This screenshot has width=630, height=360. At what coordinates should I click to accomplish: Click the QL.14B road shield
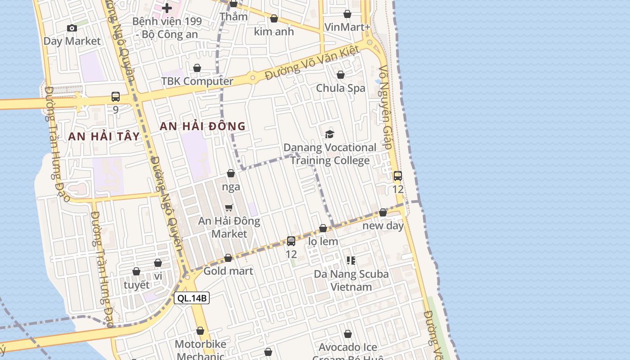pos(192,298)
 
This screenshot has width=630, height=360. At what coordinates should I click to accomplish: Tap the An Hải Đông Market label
pos(229,227)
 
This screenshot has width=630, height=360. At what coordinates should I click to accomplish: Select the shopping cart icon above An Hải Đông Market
pos(229,207)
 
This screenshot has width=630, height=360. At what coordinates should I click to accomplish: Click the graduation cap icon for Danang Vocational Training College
pos(330,134)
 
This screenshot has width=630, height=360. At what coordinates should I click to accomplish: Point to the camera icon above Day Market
pos(72,28)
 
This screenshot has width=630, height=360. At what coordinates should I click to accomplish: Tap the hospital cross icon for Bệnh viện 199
pos(167,8)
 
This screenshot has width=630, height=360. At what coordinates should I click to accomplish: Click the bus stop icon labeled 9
pos(116,96)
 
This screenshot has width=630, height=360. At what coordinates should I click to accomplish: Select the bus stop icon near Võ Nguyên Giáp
pos(397,176)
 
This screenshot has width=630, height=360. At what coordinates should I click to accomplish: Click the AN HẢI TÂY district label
pos(104,136)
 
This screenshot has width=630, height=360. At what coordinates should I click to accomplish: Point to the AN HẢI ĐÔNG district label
pos(202,126)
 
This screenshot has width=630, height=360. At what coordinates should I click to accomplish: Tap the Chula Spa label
pos(341,88)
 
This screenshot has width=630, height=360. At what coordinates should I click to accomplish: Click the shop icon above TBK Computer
pos(197,68)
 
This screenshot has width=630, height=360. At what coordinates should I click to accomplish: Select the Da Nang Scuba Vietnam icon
pos(351,260)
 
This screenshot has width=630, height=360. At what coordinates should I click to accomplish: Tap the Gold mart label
pos(228,271)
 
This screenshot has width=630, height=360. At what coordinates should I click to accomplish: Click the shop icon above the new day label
pos(383,212)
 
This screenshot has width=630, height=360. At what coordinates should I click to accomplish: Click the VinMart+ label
pos(347,27)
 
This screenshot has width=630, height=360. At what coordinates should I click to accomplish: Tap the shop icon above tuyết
pos(136,271)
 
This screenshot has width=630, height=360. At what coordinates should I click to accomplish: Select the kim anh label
pos(274,31)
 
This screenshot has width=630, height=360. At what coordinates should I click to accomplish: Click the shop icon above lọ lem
pos(323,229)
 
